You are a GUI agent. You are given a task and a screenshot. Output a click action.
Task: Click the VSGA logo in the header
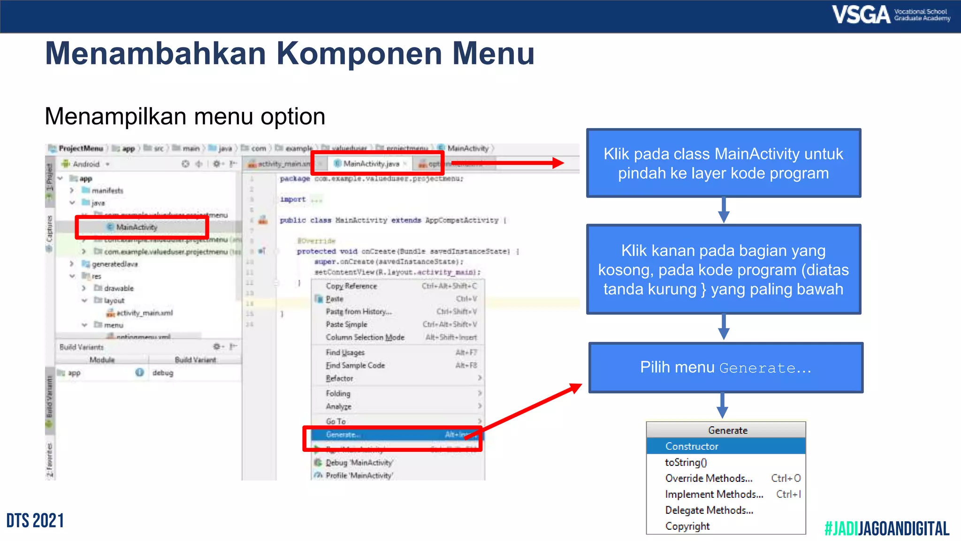click(x=890, y=15)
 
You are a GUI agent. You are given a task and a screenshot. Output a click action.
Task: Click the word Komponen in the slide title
click(x=359, y=54)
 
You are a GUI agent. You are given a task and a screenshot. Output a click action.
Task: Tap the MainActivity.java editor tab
click(x=371, y=163)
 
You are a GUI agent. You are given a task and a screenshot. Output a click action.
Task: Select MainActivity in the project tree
click(x=137, y=227)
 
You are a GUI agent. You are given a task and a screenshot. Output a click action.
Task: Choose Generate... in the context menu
click(x=343, y=435)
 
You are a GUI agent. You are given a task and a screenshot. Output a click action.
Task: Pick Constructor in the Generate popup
click(x=692, y=446)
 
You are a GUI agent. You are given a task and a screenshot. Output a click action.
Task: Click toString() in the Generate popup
click(x=686, y=462)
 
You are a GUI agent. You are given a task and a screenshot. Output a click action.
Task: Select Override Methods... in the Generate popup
click(x=709, y=478)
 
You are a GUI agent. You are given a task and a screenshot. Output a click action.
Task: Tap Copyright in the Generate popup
click(x=687, y=526)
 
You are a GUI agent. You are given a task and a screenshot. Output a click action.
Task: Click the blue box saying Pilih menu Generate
click(x=725, y=367)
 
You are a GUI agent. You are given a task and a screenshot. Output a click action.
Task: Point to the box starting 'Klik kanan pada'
click(x=723, y=270)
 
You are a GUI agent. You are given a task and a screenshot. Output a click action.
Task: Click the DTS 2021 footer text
click(x=35, y=521)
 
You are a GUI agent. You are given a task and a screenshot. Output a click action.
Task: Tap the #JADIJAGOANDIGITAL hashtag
click(x=886, y=529)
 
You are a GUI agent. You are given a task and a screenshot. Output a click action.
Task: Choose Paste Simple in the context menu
click(x=346, y=325)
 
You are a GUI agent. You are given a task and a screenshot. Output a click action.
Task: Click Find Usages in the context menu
click(x=345, y=353)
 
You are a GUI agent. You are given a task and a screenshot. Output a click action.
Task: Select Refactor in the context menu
click(x=339, y=379)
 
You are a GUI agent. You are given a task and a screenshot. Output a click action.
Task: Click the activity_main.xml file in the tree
click(x=144, y=313)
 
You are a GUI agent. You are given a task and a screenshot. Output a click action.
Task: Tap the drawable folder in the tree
click(x=118, y=288)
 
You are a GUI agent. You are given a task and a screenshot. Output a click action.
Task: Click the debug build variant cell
click(x=163, y=373)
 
